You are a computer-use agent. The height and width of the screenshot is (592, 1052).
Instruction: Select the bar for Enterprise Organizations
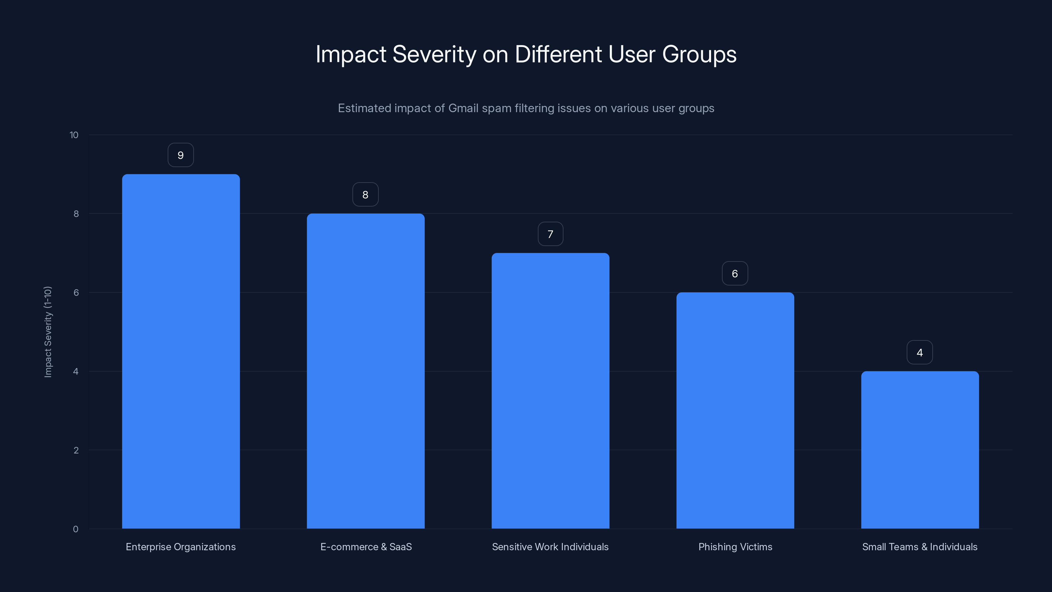coord(180,351)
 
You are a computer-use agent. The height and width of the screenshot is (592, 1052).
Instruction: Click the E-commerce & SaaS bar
coord(366,371)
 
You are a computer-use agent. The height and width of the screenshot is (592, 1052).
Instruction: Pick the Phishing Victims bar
coord(735,410)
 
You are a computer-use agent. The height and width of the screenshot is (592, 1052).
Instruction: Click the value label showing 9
coord(180,155)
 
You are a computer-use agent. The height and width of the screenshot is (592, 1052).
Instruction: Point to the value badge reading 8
coord(366,194)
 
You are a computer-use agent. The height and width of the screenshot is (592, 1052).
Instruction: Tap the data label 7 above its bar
coord(550,234)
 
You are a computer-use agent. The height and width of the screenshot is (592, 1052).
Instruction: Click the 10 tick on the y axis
coord(74,135)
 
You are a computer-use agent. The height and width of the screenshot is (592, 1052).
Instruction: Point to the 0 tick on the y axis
coord(76,529)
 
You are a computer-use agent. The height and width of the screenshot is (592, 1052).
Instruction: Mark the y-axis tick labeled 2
coord(76,450)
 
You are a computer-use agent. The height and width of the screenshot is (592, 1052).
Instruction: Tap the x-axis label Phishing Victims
coord(735,547)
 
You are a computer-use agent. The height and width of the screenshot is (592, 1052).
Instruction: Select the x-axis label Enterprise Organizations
coord(180,547)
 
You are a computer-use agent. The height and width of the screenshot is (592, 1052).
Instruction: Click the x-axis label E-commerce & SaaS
coord(366,547)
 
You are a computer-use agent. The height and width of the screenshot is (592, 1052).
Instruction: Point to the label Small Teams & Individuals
coord(920,547)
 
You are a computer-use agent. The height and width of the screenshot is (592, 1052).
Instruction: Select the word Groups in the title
coord(699,54)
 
